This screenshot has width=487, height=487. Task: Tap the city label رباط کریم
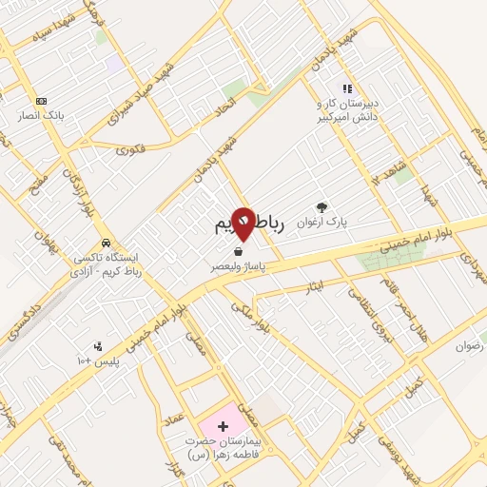245,224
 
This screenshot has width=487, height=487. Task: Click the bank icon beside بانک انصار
40,101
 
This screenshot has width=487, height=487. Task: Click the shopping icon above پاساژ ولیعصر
235,252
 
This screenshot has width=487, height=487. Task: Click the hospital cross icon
224,425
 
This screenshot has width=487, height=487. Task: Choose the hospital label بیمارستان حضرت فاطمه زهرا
228,448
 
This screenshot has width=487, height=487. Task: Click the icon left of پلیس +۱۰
97,346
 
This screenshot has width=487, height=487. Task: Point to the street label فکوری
131,149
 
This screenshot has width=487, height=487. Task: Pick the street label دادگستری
26,321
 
